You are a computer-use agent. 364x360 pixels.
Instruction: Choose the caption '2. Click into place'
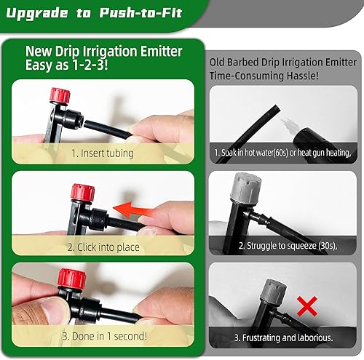coord(103,247)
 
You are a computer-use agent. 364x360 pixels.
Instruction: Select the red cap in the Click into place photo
coord(79,194)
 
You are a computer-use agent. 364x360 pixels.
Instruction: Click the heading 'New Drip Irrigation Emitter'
coord(104,51)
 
